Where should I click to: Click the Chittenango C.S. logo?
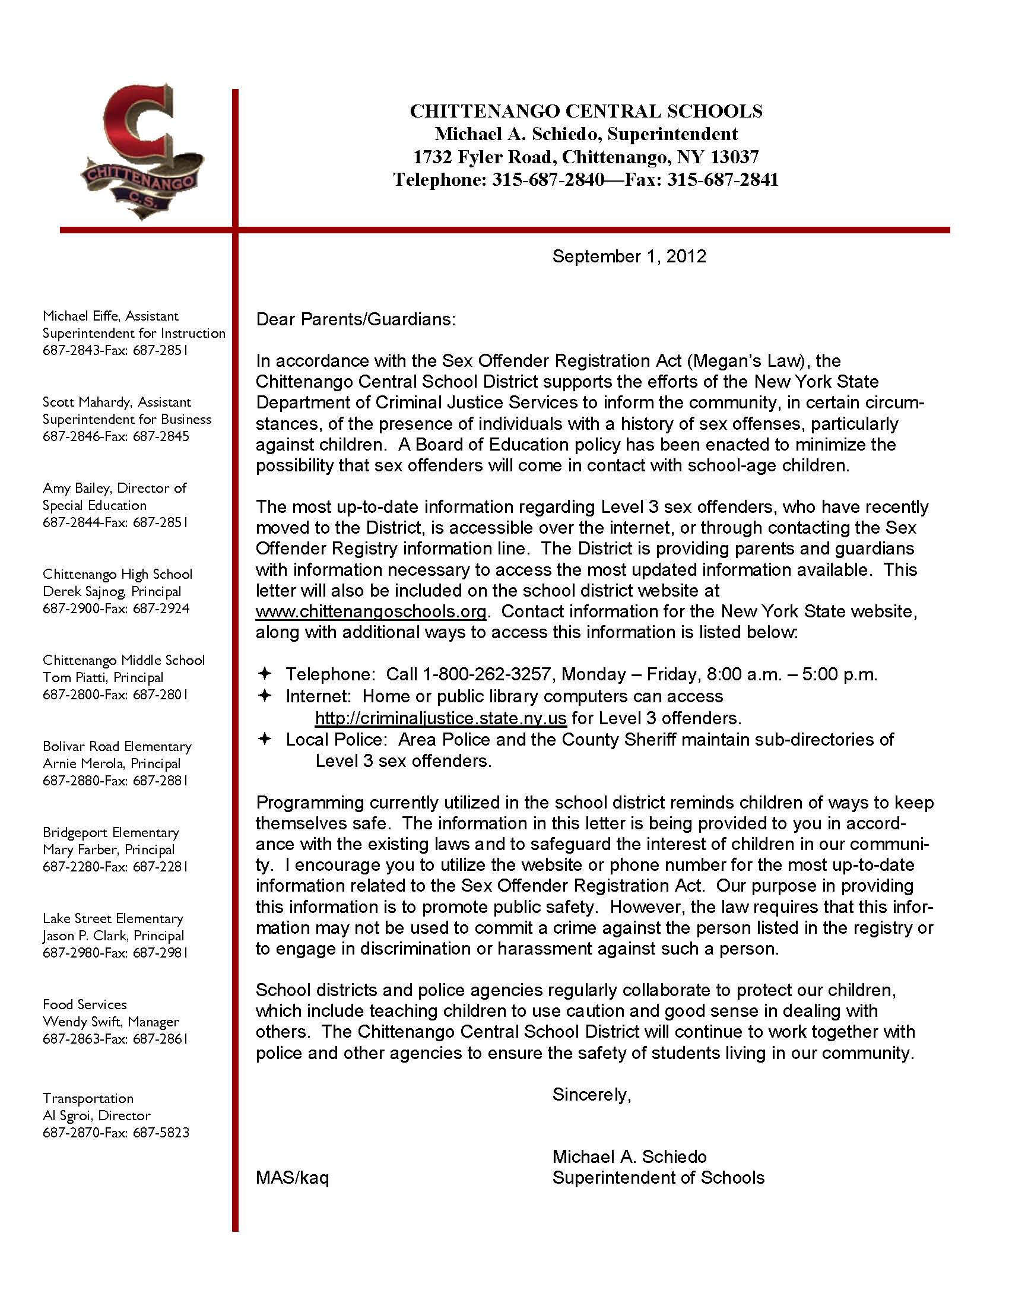click(x=142, y=153)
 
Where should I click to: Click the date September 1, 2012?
click(x=629, y=256)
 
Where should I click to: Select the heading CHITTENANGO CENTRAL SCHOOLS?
click(x=586, y=111)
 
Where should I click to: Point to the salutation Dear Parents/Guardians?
click(x=356, y=319)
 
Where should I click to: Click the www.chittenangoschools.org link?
click(x=370, y=611)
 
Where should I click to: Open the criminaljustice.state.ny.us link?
click(x=440, y=718)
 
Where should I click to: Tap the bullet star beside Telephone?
click(x=264, y=674)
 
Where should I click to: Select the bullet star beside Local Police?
click(x=264, y=739)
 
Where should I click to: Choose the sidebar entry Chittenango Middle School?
click(x=123, y=660)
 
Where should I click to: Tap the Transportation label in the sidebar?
click(x=88, y=1098)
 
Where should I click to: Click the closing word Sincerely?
click(x=591, y=1094)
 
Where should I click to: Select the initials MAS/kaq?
click(x=292, y=1177)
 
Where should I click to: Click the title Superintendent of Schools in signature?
click(x=658, y=1177)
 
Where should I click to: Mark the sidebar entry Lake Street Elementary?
click(x=113, y=918)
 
